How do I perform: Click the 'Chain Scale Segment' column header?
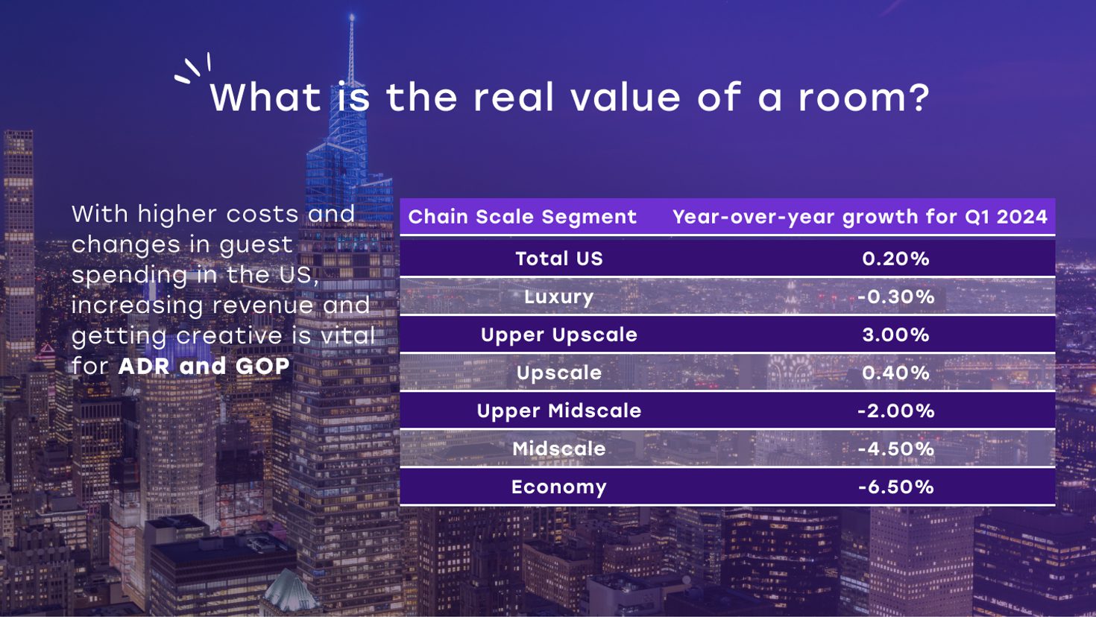click(522, 217)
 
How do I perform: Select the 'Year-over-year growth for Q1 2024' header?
click(860, 217)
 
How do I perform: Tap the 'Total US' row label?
click(559, 259)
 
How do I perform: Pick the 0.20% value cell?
click(895, 259)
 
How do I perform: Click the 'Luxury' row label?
click(558, 297)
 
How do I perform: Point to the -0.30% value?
click(896, 297)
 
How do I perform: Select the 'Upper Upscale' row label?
click(559, 335)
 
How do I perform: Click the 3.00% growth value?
click(895, 335)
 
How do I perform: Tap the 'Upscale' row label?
click(559, 373)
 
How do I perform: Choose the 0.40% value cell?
click(895, 373)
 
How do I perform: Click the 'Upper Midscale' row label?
click(559, 411)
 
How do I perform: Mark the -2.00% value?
click(896, 411)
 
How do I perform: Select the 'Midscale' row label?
click(559, 449)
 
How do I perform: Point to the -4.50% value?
click(896, 449)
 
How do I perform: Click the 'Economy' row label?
click(558, 487)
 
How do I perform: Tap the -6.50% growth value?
click(896, 487)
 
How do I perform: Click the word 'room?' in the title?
click(864, 98)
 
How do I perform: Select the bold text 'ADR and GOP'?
click(204, 366)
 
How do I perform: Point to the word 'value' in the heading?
click(626, 97)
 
